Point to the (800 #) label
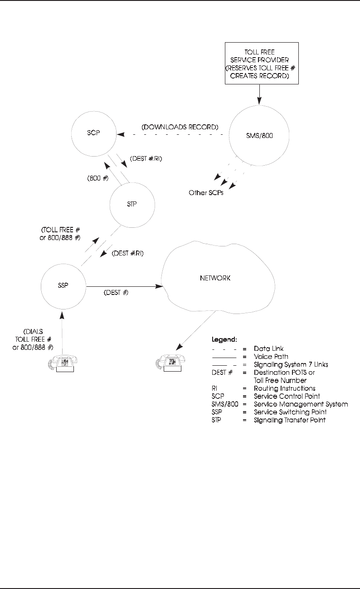point(97,178)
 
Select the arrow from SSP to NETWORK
point(125,286)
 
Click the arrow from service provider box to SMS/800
point(259,95)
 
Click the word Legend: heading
point(225,339)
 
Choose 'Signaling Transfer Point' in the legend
point(290,420)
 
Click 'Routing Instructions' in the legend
point(284,388)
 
